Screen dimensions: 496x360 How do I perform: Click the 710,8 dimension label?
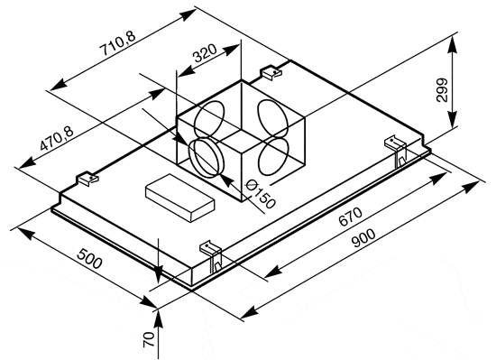pyautogui.click(x=117, y=43)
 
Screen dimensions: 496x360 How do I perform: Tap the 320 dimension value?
pyautogui.click(x=205, y=53)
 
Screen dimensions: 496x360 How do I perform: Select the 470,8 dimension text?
pyautogui.click(x=57, y=137)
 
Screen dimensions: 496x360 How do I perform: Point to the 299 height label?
pyautogui.click(x=442, y=89)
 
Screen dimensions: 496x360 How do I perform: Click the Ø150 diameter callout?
pyautogui.click(x=261, y=194)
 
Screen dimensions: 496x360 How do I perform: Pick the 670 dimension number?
pyautogui.click(x=350, y=217)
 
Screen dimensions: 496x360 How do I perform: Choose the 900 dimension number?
pyautogui.click(x=363, y=237)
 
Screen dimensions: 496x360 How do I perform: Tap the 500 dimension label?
pyautogui.click(x=90, y=258)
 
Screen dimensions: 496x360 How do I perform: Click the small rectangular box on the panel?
pyautogui.click(x=180, y=198)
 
